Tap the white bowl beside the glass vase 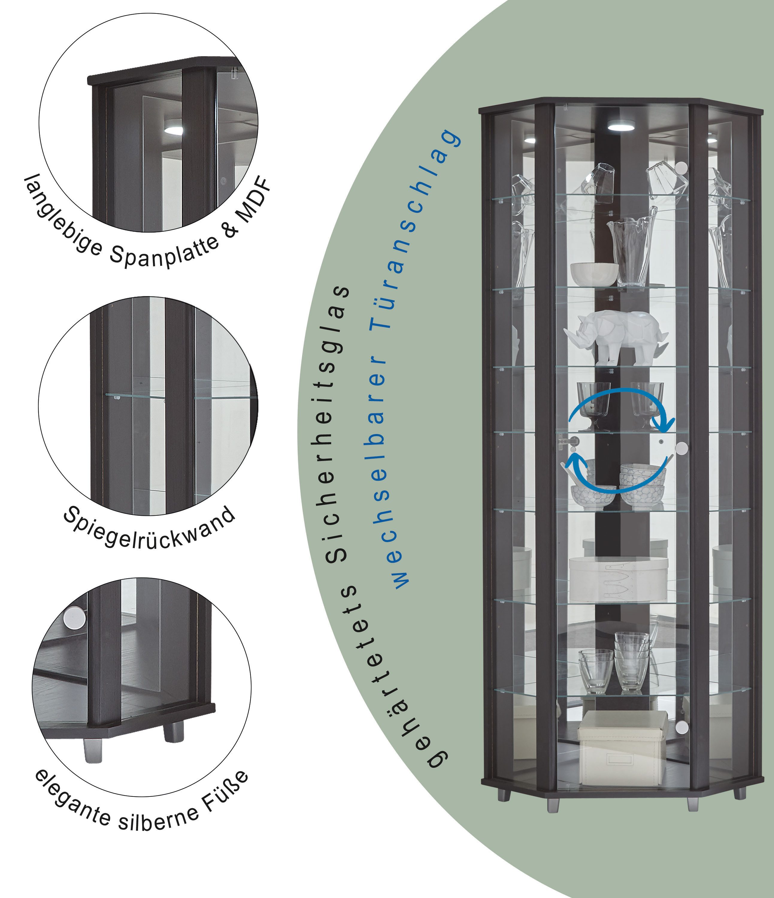594,274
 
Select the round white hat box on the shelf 618,579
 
